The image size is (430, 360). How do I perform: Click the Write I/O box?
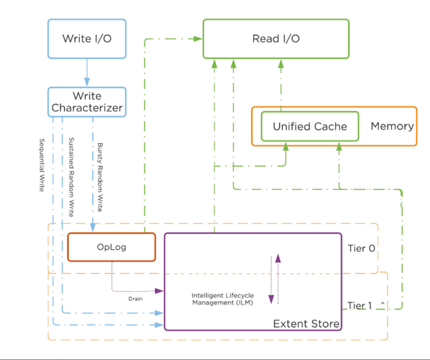(87, 39)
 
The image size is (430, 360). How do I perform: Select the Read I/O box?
(276, 39)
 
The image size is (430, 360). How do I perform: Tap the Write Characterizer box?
(87, 102)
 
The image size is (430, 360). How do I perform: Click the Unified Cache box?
(310, 126)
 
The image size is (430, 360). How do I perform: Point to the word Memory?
(392, 126)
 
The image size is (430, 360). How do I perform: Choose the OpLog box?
(111, 247)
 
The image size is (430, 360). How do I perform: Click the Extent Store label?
(306, 323)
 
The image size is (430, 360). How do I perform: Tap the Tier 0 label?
(361, 249)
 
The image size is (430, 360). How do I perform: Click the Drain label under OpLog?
(135, 299)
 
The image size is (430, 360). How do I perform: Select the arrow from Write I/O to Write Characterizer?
(87, 73)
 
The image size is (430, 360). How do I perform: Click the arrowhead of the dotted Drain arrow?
(160, 291)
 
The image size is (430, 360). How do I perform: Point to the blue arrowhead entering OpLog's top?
(92, 229)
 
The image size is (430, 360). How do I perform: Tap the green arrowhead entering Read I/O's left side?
(198, 39)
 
